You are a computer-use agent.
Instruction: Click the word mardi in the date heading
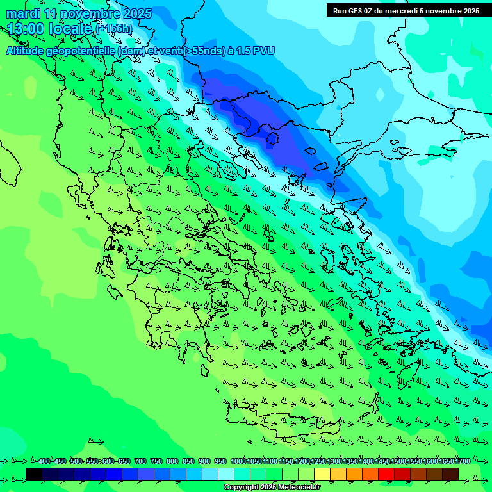click(21, 13)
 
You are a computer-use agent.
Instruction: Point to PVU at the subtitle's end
click(263, 51)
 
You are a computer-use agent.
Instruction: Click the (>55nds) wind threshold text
click(198, 51)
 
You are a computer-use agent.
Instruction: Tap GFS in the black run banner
click(354, 11)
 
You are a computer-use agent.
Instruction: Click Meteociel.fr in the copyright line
click(293, 488)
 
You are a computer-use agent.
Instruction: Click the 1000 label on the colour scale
click(238, 462)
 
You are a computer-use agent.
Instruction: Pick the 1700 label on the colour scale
click(463, 462)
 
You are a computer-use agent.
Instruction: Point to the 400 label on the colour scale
click(44, 462)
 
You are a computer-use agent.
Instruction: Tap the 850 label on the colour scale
click(188, 462)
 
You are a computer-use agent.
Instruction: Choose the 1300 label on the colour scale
click(334, 462)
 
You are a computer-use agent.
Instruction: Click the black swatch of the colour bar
click(34, 474)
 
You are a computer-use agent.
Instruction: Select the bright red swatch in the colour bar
click(386, 474)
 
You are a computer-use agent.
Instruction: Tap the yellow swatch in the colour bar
click(322, 474)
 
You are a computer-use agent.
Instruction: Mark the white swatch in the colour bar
click(226, 474)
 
